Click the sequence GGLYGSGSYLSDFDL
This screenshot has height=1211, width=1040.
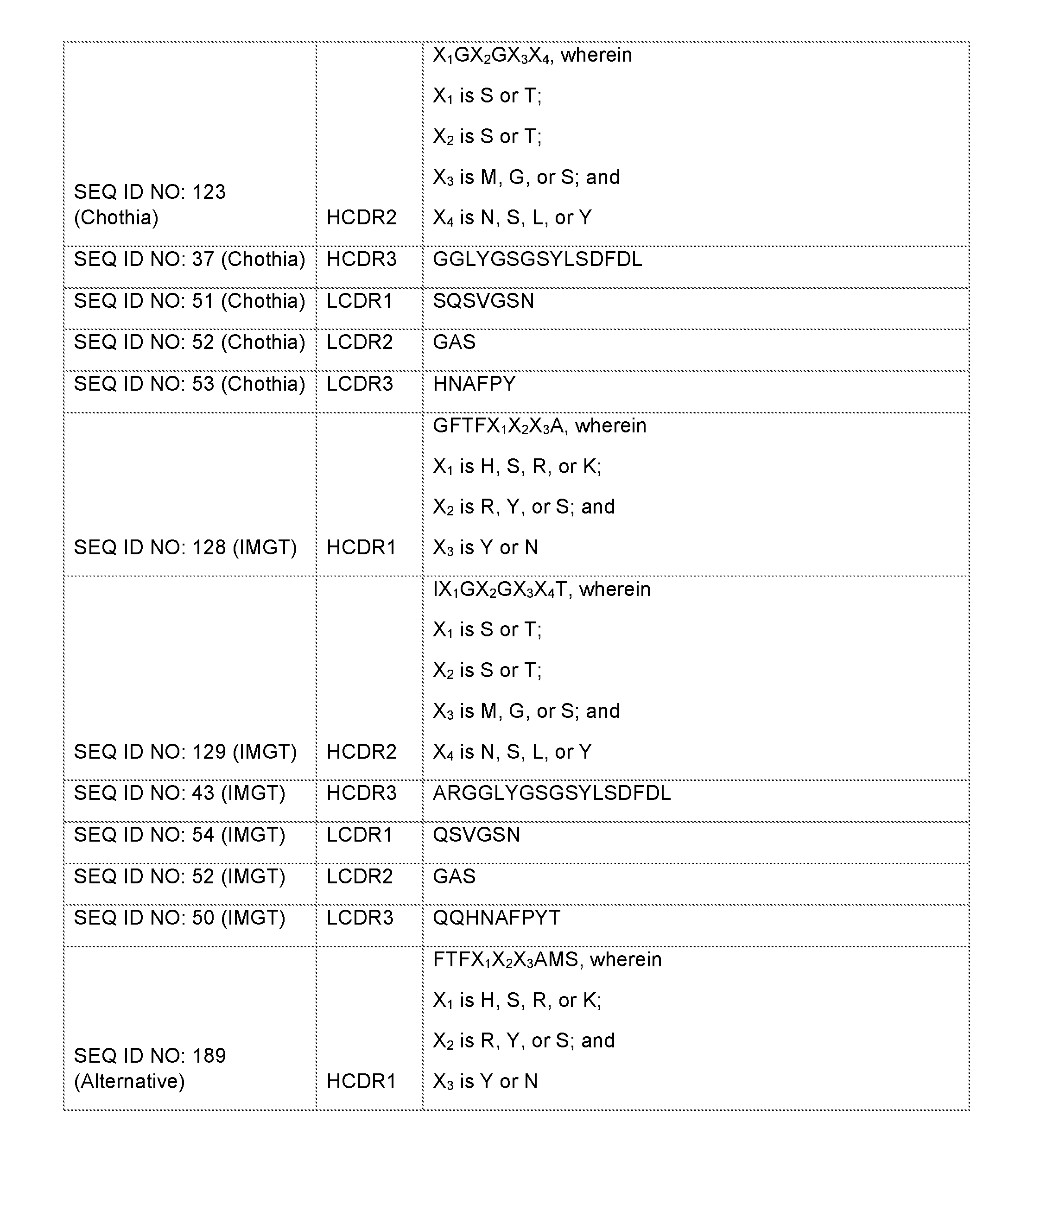(537, 259)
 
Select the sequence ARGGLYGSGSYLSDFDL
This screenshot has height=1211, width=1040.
(551, 793)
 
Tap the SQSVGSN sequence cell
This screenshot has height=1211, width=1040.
(483, 300)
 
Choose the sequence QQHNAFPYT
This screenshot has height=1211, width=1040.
(496, 917)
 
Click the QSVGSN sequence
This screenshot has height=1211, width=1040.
(476, 834)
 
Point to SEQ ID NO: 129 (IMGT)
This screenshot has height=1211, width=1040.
(185, 751)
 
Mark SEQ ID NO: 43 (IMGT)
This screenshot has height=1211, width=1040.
(179, 793)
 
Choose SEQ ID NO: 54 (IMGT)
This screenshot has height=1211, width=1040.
(179, 834)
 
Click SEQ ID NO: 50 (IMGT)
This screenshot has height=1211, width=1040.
(179, 917)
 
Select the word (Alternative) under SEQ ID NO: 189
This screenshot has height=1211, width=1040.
(129, 1081)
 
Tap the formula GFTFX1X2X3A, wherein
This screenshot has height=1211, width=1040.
(539, 426)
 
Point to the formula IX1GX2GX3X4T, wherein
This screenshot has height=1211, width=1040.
(541, 589)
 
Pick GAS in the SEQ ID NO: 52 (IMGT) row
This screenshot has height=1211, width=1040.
(454, 876)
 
